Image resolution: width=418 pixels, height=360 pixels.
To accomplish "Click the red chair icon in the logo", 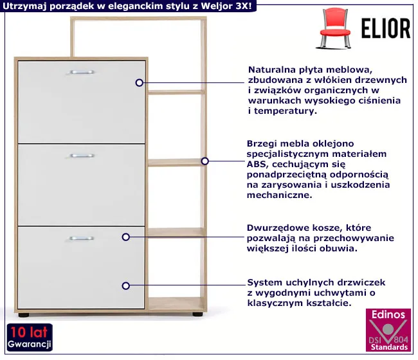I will [x=336, y=27].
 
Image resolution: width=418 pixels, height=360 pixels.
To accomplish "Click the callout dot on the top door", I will [x=139, y=82].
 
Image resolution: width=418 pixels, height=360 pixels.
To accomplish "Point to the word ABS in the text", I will [x=255, y=164].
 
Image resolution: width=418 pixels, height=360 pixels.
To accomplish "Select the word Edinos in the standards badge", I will [x=388, y=315].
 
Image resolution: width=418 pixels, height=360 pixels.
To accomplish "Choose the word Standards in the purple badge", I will [x=388, y=347].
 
